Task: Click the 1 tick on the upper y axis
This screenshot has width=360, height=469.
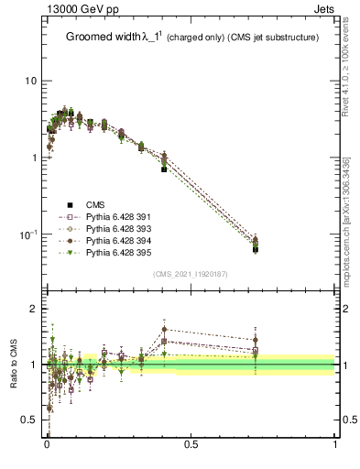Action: [33, 158]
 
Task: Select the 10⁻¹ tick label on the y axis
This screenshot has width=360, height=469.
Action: [28, 234]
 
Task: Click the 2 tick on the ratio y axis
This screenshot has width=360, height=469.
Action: [33, 310]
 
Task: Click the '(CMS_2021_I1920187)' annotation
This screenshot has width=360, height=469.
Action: [191, 274]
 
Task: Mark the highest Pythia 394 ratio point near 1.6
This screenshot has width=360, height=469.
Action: [164, 329]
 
